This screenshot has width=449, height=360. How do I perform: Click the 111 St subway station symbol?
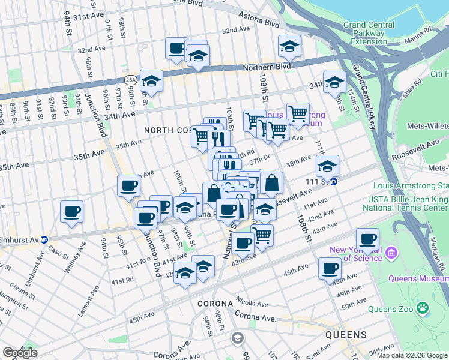tap(334, 181)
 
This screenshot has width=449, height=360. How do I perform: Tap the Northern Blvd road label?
tap(267, 68)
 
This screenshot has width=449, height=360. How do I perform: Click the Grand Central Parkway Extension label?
tap(369, 33)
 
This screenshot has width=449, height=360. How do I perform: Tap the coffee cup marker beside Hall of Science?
tap(368, 238)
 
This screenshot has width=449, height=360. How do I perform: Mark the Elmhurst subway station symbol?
tap(44, 238)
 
